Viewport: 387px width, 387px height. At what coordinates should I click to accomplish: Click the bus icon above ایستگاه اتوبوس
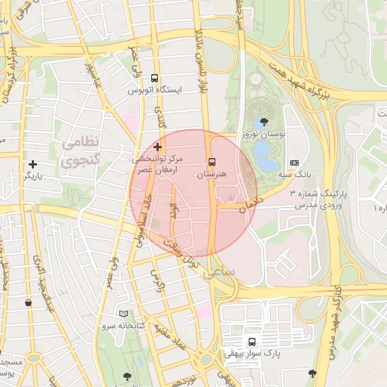[x=155, y=78]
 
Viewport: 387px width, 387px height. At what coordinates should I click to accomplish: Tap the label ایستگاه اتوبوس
[x=155, y=90]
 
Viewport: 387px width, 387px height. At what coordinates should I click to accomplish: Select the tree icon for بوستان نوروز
[x=264, y=121]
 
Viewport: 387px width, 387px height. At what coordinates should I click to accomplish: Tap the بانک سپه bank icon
[x=294, y=163]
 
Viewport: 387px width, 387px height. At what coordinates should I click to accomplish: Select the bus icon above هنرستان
[x=211, y=161]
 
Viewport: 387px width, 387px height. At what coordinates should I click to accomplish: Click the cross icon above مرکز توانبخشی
[x=157, y=146]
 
